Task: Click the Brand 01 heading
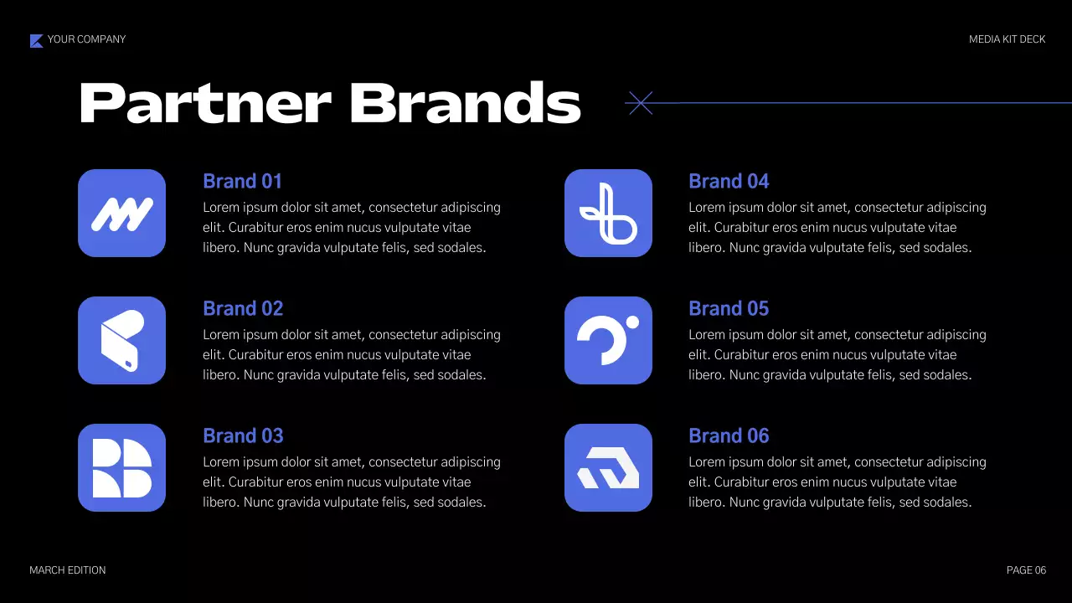click(242, 182)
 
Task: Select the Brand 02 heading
click(243, 309)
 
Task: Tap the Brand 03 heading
click(243, 436)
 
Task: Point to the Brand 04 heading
click(729, 182)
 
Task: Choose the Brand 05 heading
click(729, 309)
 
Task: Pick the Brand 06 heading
click(729, 436)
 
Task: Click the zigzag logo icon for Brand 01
click(121, 214)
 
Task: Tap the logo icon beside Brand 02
click(121, 341)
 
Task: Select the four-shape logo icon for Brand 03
click(121, 468)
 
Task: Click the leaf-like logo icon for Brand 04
click(608, 214)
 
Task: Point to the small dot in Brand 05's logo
click(632, 322)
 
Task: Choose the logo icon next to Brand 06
click(608, 468)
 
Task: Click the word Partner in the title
click(204, 104)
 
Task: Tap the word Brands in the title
click(465, 104)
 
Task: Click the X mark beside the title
click(640, 103)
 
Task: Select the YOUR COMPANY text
click(86, 39)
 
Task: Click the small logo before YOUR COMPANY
click(36, 40)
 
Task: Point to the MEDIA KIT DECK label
click(1007, 39)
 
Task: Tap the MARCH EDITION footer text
click(68, 570)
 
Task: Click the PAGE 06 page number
click(1026, 570)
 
